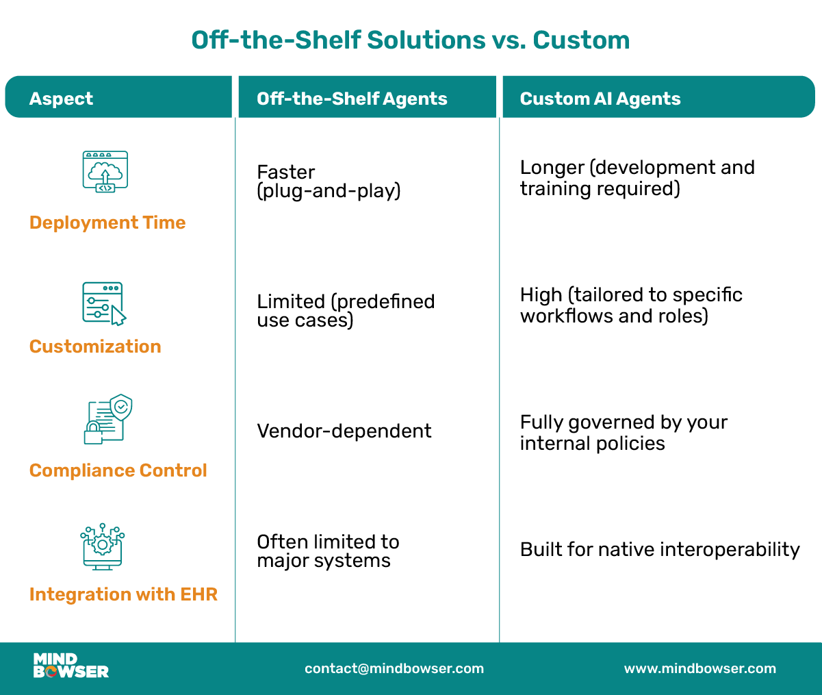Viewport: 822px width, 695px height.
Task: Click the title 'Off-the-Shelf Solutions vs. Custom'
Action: coord(411,40)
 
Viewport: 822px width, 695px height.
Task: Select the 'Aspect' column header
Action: coord(61,99)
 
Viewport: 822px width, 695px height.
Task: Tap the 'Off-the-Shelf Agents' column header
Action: coord(352,99)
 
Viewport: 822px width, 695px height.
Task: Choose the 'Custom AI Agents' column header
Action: coord(600,99)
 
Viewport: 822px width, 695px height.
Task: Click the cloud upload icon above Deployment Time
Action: coord(105,171)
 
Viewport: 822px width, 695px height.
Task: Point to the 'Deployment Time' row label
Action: coord(107,223)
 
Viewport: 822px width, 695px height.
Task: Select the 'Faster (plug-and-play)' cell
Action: coord(329,181)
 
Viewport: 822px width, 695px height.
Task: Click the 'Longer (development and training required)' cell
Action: coord(637,178)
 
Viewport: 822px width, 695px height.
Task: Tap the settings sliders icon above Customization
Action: coord(104,303)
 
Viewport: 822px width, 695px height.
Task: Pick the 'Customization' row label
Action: coord(95,346)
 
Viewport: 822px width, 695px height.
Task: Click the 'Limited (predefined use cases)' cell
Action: coord(346,311)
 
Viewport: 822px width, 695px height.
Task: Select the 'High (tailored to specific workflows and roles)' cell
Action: coord(631,305)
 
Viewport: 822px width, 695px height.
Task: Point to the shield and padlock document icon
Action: coord(108,419)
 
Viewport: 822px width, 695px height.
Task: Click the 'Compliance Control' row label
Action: coord(118,470)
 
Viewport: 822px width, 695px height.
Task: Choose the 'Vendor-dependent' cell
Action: coord(344,431)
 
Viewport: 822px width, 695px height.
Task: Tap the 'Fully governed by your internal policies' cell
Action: coord(624,433)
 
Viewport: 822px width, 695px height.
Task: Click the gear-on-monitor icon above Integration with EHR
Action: coord(103,546)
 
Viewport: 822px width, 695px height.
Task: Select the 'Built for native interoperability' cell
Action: coord(660,550)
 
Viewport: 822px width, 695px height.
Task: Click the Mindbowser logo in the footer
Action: coord(70,666)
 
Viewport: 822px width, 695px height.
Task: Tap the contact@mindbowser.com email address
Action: coord(394,668)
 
